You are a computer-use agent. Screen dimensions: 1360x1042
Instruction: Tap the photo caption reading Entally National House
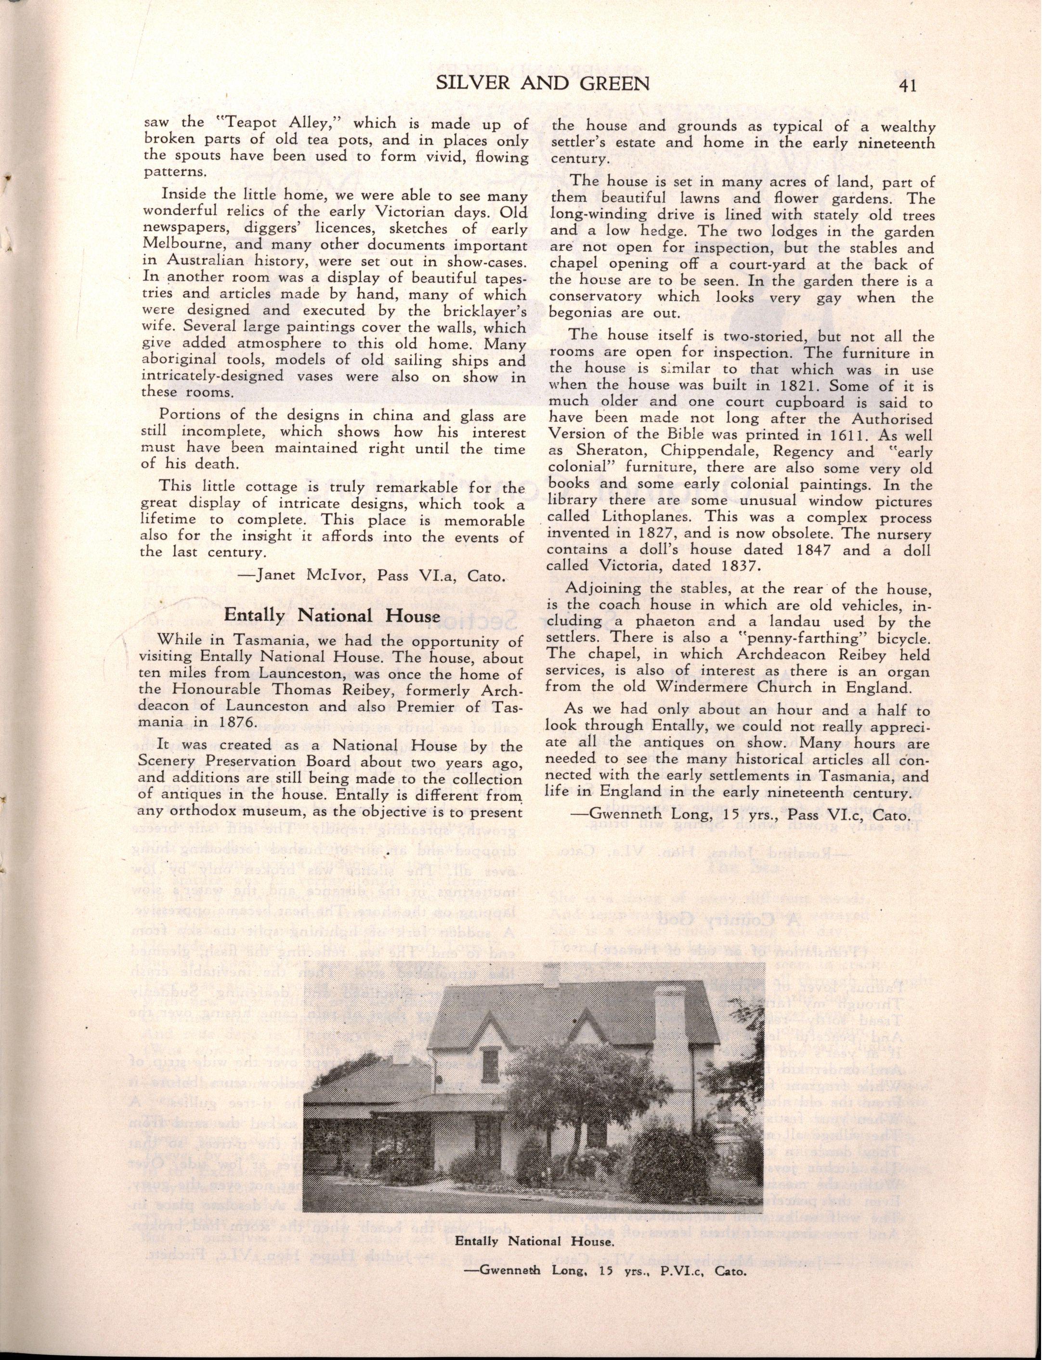point(534,1306)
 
